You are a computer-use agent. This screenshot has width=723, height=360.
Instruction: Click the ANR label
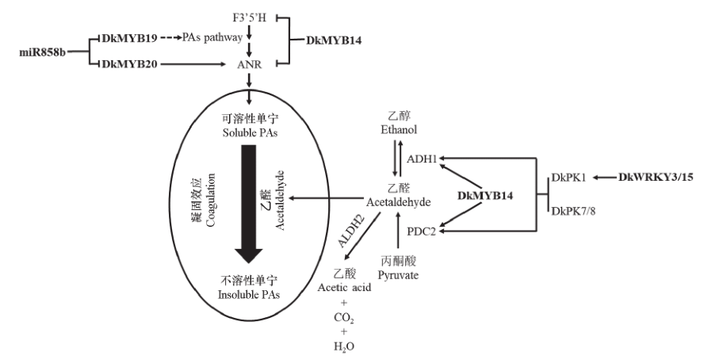coord(248,67)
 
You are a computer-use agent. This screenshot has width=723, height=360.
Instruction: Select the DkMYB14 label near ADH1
coord(488,194)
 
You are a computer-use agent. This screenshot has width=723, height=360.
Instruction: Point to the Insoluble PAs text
coord(248,294)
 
